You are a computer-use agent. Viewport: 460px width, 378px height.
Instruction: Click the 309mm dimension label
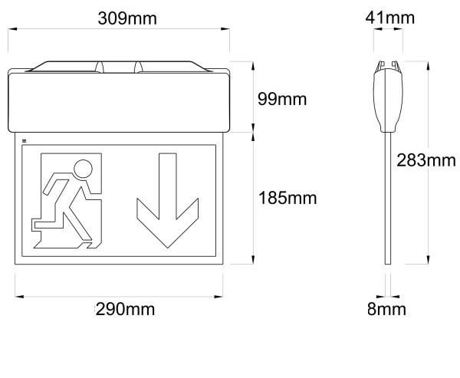[x=127, y=18]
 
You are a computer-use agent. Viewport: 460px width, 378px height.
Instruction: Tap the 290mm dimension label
[x=125, y=309]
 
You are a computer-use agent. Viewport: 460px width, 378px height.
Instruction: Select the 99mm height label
[x=282, y=99]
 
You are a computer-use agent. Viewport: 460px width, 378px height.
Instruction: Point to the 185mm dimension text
[x=287, y=198]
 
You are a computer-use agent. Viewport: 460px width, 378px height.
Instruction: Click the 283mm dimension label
[x=426, y=160]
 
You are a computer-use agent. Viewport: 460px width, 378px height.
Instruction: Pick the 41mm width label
[x=390, y=18]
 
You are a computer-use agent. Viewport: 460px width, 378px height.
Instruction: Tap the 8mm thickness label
[x=386, y=309]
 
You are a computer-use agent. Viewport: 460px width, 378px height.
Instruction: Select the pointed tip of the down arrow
[x=167, y=248]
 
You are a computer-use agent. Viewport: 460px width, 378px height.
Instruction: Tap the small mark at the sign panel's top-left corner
[x=24, y=141]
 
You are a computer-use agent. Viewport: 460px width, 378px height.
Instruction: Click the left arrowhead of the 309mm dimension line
[x=12, y=29]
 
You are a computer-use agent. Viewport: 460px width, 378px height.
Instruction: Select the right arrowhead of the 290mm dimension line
[x=219, y=297]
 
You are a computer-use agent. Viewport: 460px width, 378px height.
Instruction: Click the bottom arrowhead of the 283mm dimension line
[x=428, y=259]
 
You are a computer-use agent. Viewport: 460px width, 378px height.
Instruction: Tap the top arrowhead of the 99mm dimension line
[x=253, y=66]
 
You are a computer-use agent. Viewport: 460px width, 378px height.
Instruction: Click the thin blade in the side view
[x=388, y=198]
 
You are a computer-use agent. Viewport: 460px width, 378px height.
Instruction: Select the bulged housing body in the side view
[x=388, y=100]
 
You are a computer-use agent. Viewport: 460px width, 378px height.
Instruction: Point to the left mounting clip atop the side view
[x=381, y=65]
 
